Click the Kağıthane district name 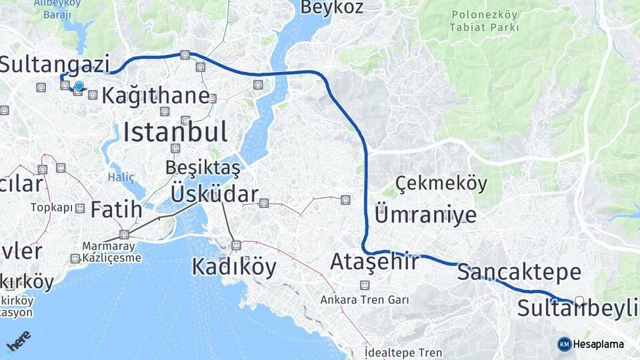155,95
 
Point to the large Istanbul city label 175,132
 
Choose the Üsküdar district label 214,194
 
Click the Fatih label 116,210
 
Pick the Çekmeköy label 441,183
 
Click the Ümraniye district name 426,215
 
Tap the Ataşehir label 375,261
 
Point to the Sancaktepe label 519,272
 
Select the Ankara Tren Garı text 364,300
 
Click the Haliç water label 121,177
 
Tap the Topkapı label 51,207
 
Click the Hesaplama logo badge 591,344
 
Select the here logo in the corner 18,341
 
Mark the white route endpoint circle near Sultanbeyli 579,301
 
